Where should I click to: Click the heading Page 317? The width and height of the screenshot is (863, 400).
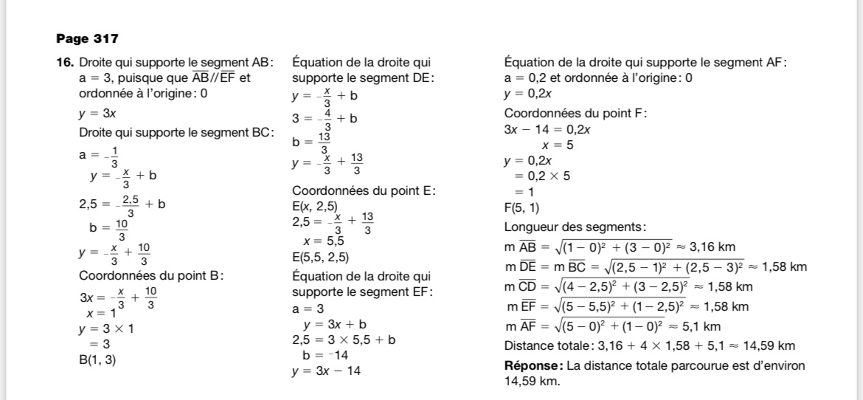(87, 38)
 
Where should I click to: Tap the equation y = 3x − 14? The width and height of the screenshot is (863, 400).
(327, 370)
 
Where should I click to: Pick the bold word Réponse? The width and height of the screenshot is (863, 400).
(533, 366)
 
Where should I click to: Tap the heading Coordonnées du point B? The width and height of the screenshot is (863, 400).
(151, 276)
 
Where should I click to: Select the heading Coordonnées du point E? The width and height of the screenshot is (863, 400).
(364, 190)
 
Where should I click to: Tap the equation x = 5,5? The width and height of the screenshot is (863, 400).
(324, 240)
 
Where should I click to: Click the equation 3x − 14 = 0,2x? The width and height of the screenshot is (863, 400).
(547, 129)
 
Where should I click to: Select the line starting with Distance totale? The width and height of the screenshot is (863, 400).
(649, 345)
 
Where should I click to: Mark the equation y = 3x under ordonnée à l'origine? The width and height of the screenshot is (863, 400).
(97, 113)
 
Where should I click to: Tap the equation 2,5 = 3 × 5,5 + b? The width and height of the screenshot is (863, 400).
(344, 340)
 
